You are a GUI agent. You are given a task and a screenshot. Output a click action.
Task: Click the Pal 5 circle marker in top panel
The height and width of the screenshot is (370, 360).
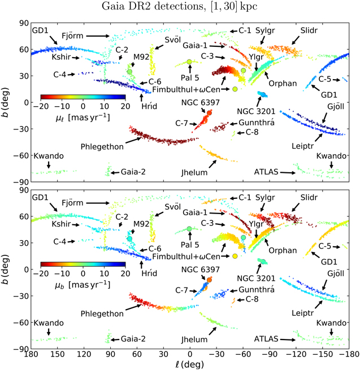click(x=189, y=62)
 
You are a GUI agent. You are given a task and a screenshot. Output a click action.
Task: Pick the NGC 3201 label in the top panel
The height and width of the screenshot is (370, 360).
click(x=256, y=111)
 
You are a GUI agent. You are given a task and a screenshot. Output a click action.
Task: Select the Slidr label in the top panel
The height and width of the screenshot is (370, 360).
click(x=311, y=29)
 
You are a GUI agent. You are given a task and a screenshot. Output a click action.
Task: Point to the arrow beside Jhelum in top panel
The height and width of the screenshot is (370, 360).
click(x=212, y=164)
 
